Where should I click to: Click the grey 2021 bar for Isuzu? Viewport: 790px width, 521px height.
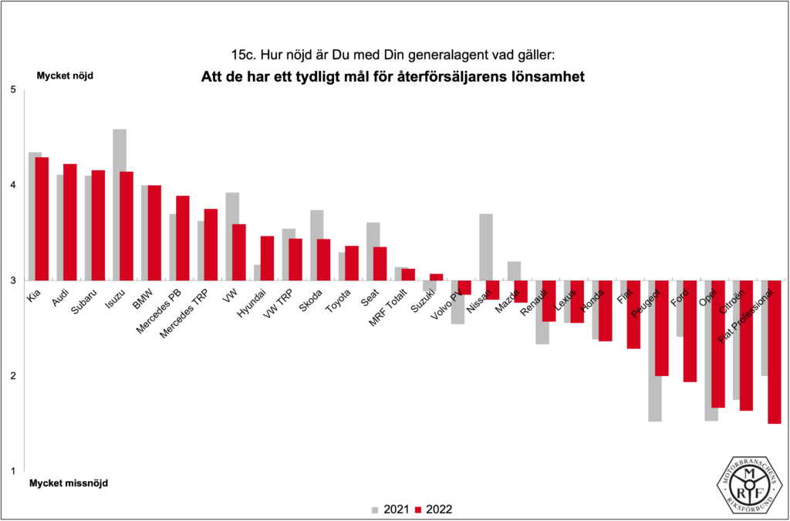(x=120, y=204)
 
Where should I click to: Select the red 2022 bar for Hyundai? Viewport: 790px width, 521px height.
(x=267, y=258)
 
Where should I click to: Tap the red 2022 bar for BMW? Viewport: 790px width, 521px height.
(x=154, y=232)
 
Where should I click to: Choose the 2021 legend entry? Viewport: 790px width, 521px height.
(x=390, y=509)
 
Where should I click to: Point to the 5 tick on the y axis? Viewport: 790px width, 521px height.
(x=12, y=90)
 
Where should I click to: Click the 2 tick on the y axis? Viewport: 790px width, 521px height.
(x=12, y=376)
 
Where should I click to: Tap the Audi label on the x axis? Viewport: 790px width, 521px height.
(x=59, y=297)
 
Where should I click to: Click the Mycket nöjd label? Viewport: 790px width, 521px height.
(x=65, y=76)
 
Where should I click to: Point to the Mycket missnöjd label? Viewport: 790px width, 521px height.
(x=69, y=483)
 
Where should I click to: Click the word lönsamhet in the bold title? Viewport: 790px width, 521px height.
(x=545, y=77)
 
